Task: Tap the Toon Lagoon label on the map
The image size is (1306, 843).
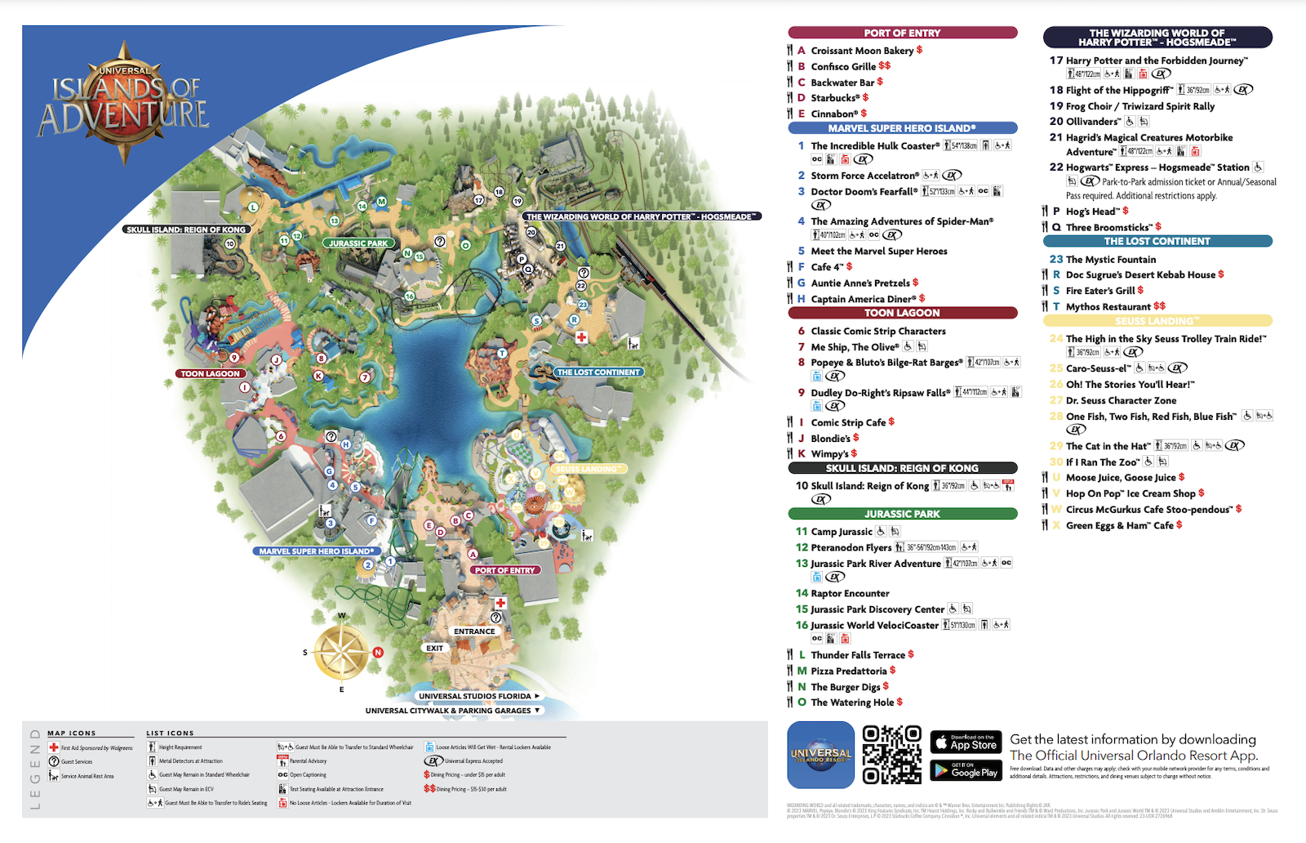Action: click(211, 373)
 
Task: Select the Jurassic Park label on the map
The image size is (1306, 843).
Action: click(358, 243)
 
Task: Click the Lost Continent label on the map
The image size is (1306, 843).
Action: click(598, 372)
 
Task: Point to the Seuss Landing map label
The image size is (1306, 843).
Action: click(587, 469)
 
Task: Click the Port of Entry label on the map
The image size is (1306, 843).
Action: click(505, 570)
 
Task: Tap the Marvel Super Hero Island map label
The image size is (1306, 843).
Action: click(316, 551)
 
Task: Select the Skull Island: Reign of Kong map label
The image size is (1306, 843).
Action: click(186, 230)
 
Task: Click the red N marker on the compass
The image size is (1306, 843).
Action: click(378, 652)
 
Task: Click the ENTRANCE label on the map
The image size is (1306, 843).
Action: click(474, 631)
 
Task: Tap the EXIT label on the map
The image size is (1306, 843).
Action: click(434, 648)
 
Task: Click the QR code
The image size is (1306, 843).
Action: click(891, 755)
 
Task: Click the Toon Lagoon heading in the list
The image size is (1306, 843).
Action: click(902, 313)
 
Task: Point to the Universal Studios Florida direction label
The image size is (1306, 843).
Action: click(475, 696)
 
